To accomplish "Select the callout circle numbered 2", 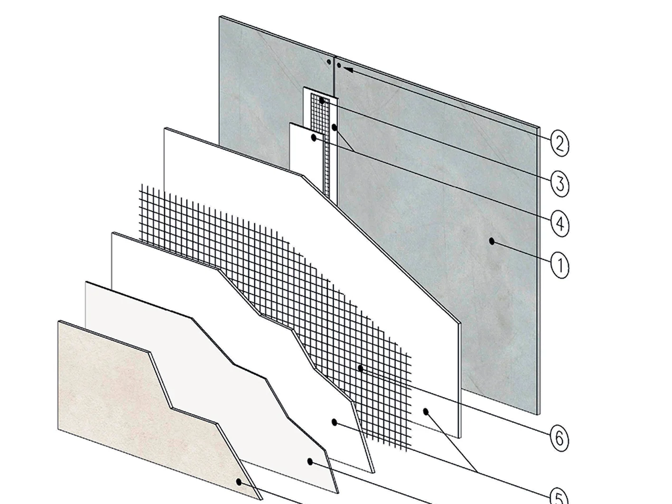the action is [x=560, y=144].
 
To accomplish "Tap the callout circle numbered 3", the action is [x=560, y=184].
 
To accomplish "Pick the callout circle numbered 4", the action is [x=560, y=224].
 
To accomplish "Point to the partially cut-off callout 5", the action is [x=560, y=497].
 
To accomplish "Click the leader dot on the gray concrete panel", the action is [x=492, y=241].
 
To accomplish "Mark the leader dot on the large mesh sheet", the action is [x=360, y=368].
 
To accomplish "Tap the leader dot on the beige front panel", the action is [x=239, y=482].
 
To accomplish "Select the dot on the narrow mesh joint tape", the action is [x=322, y=100].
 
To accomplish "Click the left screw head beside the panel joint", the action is [x=329, y=62].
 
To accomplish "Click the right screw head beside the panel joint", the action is [x=339, y=65].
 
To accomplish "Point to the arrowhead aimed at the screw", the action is [x=348, y=69].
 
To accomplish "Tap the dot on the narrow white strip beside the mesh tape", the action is [x=334, y=127].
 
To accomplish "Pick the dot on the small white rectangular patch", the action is [x=314, y=138].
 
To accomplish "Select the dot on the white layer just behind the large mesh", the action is [x=426, y=411].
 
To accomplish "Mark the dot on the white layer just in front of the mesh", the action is [x=334, y=422].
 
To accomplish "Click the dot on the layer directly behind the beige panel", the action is [x=310, y=461].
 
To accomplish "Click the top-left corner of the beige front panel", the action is [x=58, y=321].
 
